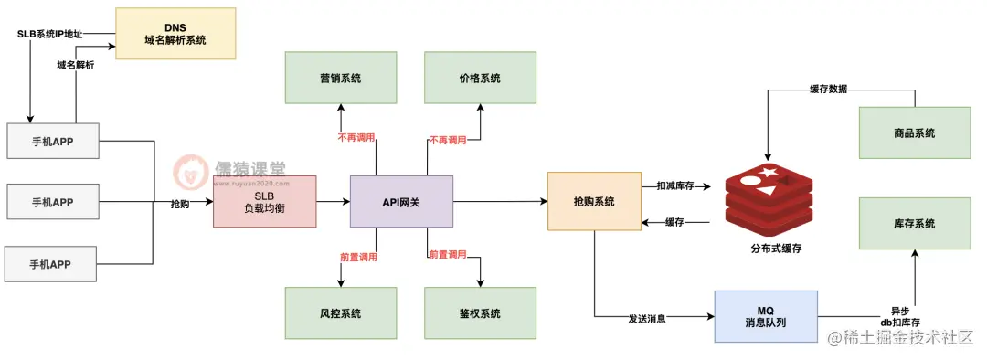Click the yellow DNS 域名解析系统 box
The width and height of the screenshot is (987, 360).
175,34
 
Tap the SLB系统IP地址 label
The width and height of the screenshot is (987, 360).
49,34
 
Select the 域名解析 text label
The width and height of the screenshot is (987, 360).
75,66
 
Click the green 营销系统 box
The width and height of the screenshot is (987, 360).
340,79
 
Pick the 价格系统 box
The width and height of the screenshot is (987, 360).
479,79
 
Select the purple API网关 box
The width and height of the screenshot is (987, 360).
401,201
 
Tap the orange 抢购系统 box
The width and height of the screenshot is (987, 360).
594,201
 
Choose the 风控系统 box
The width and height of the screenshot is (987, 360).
340,313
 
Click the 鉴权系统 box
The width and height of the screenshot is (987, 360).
479,313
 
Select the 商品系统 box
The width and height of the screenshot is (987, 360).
914,133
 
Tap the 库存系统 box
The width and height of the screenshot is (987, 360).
914,224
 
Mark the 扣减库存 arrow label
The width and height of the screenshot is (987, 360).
676,185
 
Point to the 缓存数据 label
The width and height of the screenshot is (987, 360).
828,90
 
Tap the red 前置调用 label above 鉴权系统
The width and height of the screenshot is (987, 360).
447,254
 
